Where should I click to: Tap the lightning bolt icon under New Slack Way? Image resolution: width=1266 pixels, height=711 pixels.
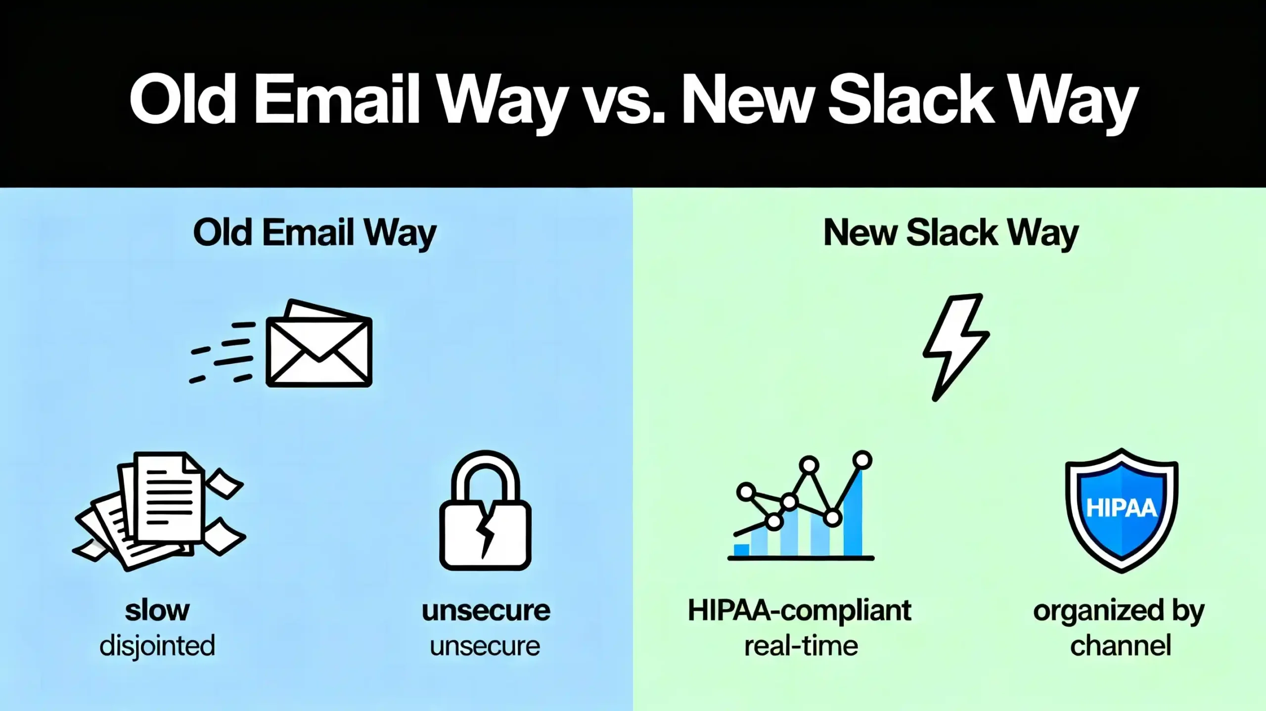(955, 346)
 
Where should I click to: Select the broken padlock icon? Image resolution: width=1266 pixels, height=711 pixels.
(485, 512)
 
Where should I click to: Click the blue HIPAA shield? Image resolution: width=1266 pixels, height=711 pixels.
(1122, 509)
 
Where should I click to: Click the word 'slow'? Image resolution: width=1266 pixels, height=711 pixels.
(157, 611)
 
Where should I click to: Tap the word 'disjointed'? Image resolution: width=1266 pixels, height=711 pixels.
(157, 646)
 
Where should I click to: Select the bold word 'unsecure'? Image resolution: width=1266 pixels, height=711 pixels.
(486, 611)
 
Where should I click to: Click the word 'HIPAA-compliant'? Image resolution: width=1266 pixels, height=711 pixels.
(799, 611)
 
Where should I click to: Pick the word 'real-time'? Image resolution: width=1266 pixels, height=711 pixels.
(801, 646)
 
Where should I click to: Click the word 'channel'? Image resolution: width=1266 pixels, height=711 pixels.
(1121, 646)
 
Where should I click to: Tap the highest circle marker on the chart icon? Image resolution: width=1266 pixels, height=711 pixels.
(862, 459)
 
